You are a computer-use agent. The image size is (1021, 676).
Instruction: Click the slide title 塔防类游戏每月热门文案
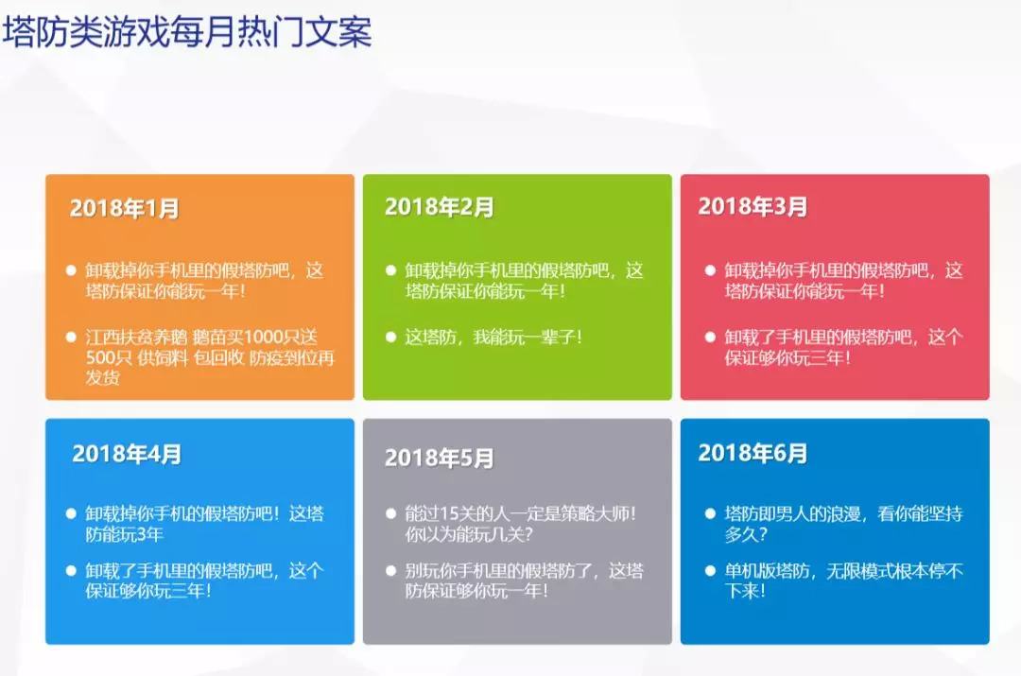pos(187,31)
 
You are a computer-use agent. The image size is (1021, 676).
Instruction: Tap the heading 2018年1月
pos(125,208)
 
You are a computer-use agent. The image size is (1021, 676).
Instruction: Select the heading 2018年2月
pos(439,207)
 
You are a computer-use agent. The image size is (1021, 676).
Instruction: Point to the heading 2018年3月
pos(753,206)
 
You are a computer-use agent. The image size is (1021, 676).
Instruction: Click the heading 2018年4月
pos(127,454)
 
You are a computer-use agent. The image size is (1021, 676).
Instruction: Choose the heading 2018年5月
pos(439,458)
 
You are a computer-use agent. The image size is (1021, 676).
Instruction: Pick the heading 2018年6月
pos(753,453)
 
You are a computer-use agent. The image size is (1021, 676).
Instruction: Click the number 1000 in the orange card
pos(264,338)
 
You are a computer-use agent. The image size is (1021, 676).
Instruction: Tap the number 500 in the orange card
pos(99,358)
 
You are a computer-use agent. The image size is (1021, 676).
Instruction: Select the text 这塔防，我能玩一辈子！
pos(493,337)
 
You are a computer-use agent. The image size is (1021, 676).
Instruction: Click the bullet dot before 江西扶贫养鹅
pos(71,337)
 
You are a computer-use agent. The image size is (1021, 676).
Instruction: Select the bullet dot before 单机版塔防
pos(710,571)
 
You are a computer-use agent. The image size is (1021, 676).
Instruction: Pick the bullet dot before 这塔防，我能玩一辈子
pos(390,337)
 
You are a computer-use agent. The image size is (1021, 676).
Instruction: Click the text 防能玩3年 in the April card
pos(125,535)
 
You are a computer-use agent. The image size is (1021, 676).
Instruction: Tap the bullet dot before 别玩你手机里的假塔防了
pos(390,571)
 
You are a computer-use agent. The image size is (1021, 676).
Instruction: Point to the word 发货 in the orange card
pos(103,378)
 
